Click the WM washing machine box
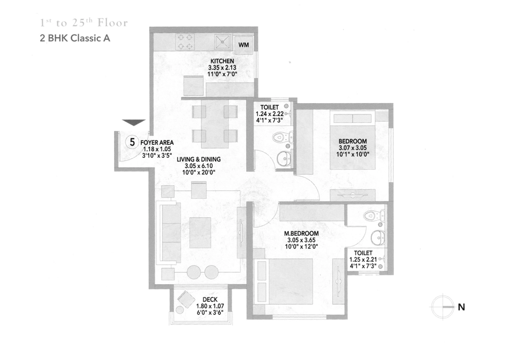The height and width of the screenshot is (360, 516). coord(244,45)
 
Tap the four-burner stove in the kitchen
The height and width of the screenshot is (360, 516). coord(185,42)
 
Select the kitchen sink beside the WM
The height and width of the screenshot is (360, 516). coord(224,42)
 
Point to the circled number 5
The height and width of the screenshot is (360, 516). coord(132,142)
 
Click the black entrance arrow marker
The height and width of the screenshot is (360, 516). coord(134,122)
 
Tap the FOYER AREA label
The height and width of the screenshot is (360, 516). coord(157,142)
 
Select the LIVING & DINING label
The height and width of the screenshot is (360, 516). coord(199,159)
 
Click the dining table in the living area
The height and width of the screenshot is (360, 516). coord(215,124)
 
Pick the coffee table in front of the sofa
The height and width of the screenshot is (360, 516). coord(200,233)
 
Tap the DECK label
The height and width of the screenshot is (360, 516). coord(210,300)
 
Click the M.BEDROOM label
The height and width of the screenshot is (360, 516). coord(301,233)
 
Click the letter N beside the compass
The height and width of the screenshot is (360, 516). coord(461,307)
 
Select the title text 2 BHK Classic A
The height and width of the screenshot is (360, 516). coord(75,38)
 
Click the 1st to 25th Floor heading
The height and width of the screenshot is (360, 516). coord(84,22)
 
